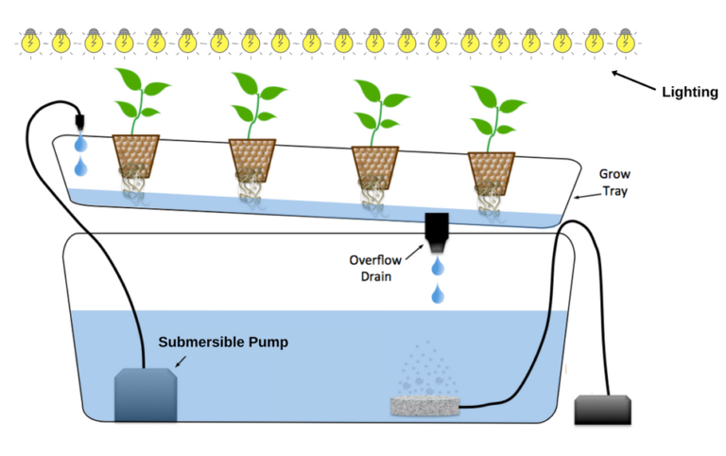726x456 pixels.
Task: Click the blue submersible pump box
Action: tap(146, 395)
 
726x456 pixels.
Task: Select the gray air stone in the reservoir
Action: tap(425, 406)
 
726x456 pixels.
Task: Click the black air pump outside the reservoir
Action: tap(601, 409)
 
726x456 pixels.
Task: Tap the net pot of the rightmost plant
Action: tap(491, 167)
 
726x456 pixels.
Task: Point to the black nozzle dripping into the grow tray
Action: tap(80, 121)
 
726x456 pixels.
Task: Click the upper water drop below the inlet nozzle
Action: tap(81, 143)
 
